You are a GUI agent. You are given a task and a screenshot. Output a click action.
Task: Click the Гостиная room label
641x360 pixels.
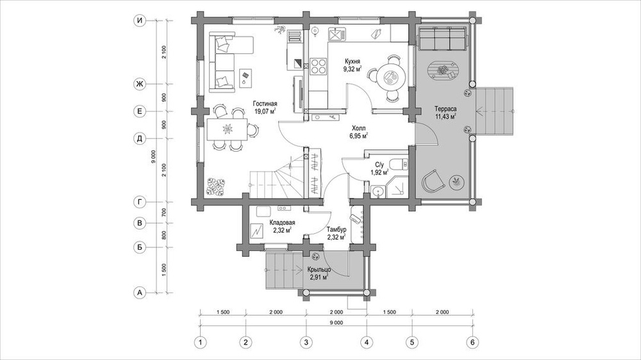click(265, 103)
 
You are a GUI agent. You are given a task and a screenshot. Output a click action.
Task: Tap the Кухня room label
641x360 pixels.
click(353, 62)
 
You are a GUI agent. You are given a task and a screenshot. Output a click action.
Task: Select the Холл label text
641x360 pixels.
click(358, 128)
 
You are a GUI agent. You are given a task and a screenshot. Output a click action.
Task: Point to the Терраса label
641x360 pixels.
click(445, 109)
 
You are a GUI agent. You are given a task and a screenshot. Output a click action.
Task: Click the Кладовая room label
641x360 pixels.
click(282, 223)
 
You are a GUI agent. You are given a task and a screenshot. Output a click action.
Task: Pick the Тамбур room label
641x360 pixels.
click(337, 230)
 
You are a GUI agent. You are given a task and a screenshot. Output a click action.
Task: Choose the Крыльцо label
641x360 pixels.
click(319, 270)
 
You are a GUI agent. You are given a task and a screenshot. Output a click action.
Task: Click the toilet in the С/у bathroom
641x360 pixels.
click(399, 164)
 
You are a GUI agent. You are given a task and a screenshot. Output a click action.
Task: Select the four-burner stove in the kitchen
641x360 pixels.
click(318, 66)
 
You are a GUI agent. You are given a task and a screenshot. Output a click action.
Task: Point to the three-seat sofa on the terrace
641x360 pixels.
click(441, 38)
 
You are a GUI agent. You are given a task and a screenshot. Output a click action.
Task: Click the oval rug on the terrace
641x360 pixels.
click(444, 72)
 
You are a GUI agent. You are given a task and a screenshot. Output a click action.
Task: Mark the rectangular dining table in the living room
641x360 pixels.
click(226, 129)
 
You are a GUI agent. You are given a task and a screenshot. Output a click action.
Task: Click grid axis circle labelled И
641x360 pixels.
click(140, 21)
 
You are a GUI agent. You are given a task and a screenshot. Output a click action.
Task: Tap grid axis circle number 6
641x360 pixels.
click(472, 341)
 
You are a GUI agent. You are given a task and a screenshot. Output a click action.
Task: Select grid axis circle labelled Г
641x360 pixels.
click(140, 201)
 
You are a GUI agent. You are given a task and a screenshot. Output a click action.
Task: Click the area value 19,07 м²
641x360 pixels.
click(265, 111)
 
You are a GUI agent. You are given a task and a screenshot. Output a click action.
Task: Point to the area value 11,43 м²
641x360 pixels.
click(445, 117)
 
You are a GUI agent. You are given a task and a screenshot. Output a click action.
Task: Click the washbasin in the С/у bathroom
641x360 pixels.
click(377, 190)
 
